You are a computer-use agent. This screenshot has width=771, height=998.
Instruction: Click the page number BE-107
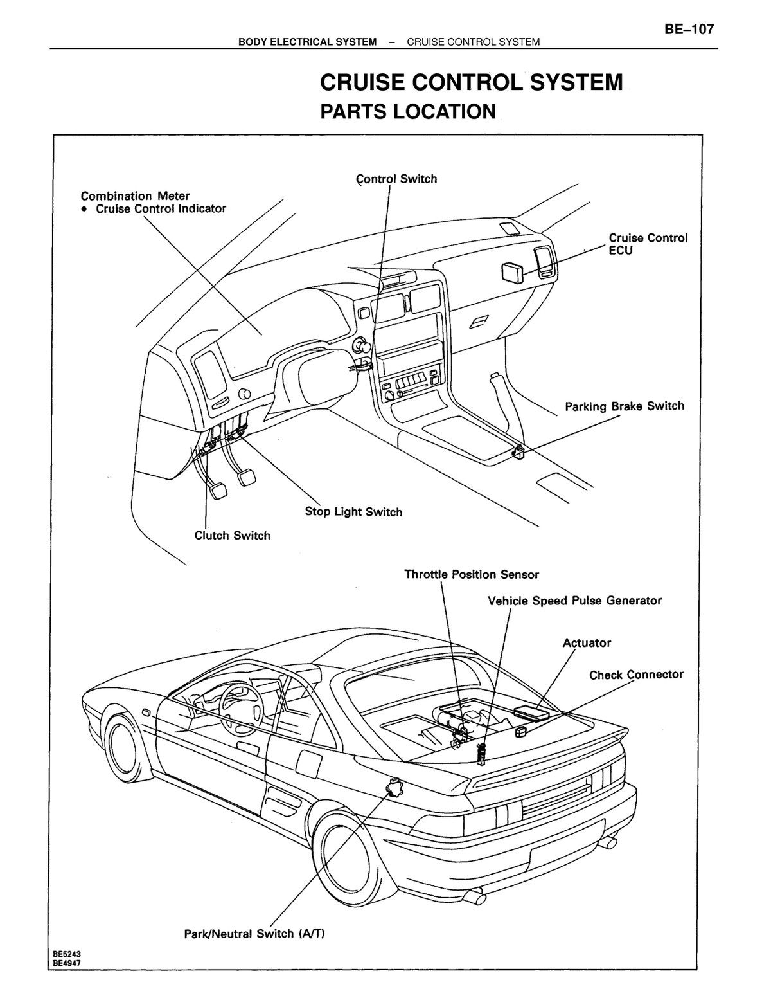[x=689, y=29]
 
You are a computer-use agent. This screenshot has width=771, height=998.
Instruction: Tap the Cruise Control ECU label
[x=648, y=244]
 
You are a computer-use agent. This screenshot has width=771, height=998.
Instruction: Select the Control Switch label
[x=396, y=179]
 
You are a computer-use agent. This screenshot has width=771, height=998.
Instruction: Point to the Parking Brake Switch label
[x=625, y=406]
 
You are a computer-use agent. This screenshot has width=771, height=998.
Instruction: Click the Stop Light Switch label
[x=353, y=512]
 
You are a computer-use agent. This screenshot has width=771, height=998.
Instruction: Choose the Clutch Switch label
[x=232, y=535]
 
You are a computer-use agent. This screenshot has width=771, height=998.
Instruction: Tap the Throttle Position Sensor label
[x=472, y=574]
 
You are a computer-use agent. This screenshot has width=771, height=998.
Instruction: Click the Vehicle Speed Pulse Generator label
[x=574, y=601]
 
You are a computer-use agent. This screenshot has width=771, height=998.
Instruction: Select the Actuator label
[x=587, y=642]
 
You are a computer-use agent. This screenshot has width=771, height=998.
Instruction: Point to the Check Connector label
[x=636, y=675]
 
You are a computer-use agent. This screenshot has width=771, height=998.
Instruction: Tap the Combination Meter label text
[x=136, y=196]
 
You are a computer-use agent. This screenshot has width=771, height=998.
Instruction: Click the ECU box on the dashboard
[x=512, y=273]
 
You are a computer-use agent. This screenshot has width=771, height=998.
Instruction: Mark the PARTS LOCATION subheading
[x=408, y=112]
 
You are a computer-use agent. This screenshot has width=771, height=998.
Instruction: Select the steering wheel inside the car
[x=241, y=711]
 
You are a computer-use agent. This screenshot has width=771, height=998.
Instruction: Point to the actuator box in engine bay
[x=531, y=711]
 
